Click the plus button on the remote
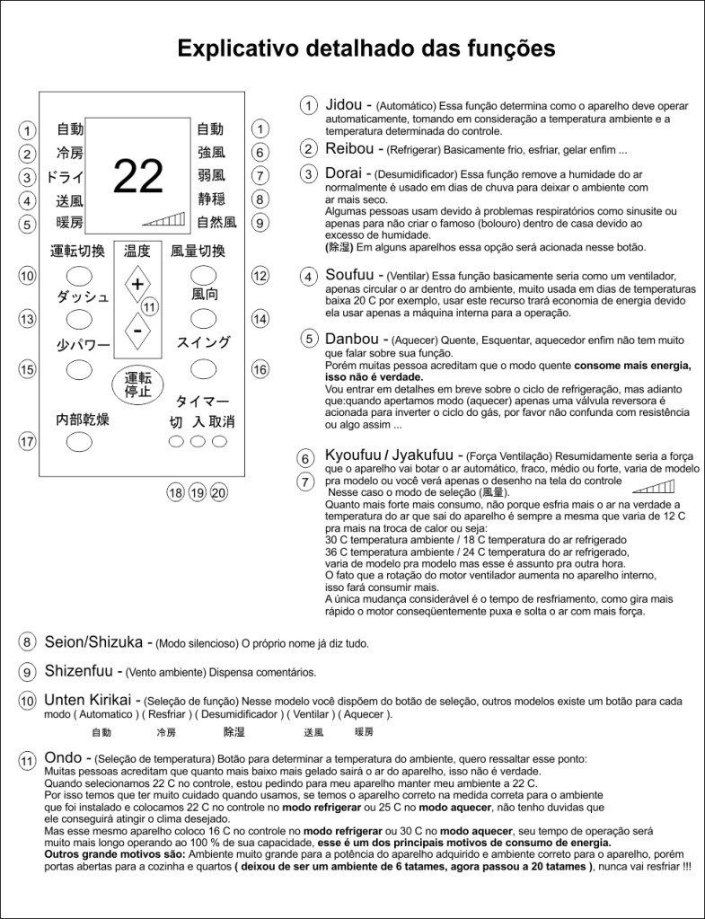coord(137,285)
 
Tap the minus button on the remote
coord(137,331)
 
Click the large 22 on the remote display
coord(137,176)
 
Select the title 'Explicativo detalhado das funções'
coord(366,47)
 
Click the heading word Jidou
coord(345,105)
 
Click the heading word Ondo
coord(62,758)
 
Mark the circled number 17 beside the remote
coord(27,441)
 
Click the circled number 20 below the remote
coord(219,492)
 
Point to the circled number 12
coord(260,276)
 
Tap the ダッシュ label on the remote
coord(83,297)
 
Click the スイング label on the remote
coord(203,342)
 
